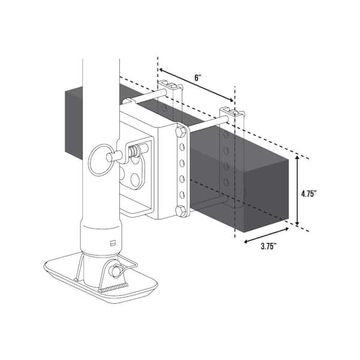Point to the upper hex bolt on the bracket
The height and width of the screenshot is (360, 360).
[x=181, y=131]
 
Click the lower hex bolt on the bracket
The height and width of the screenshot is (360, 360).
[x=181, y=210]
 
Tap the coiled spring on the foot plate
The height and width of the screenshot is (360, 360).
[x=114, y=289]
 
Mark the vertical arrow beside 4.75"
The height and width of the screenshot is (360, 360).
[x=298, y=192]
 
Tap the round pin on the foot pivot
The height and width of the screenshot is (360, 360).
[x=113, y=271]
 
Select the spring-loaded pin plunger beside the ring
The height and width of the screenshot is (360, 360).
[x=123, y=156]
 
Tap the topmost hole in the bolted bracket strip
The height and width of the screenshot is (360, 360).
[x=181, y=147]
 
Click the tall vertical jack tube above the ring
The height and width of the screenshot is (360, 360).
[x=101, y=102]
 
